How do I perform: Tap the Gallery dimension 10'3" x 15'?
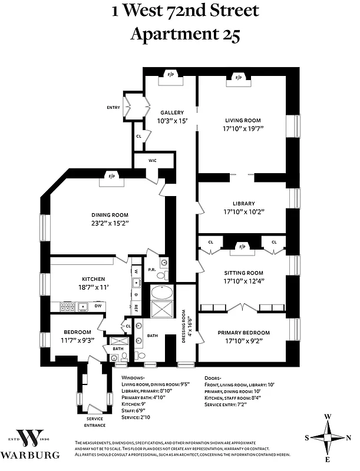[x=170, y=121]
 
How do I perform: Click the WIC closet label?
[x=153, y=160]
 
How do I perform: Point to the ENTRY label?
[x=113, y=108]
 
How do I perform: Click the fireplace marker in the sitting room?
[x=242, y=246]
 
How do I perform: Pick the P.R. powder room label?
[x=151, y=270]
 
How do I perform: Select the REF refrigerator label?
[x=135, y=306]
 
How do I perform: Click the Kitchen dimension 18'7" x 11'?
[x=93, y=287]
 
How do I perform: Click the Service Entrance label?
[x=94, y=422]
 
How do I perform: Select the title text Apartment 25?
[x=184, y=34]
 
